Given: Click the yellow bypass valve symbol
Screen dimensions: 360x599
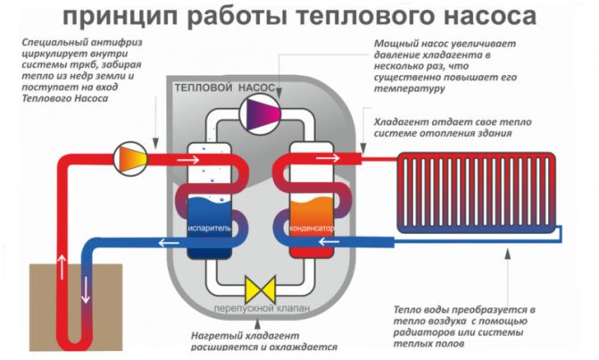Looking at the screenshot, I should point(261,289).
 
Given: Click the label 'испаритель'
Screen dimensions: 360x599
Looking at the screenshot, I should point(211,228).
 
